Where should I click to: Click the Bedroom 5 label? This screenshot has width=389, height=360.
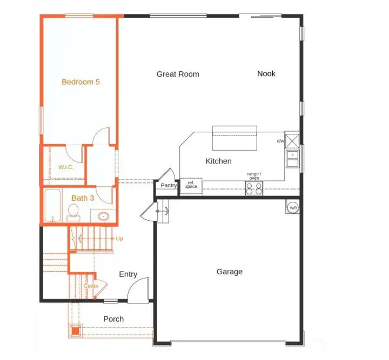[81, 82]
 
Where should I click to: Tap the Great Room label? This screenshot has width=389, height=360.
[178, 74]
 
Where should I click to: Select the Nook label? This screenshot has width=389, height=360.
[266, 73]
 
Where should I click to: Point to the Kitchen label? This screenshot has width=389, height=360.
[218, 161]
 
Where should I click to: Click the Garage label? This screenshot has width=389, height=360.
[229, 271]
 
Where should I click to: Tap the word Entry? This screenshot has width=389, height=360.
[128, 274]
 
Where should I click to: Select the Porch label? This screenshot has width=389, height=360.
[113, 319]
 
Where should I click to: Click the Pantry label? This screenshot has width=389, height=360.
[169, 186]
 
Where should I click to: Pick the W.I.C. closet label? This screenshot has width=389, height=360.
[66, 167]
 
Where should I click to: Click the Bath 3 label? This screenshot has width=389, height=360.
[83, 198]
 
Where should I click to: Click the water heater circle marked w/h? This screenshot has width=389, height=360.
[293, 207]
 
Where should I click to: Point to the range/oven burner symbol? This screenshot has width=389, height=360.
[254, 188]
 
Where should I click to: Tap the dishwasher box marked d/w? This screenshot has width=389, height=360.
[292, 140]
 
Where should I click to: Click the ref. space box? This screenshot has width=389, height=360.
[191, 186]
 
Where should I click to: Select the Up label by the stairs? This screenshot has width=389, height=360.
[119, 238]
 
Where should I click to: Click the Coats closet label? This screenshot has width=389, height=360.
[90, 286]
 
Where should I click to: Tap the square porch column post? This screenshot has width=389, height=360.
[75, 330]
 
